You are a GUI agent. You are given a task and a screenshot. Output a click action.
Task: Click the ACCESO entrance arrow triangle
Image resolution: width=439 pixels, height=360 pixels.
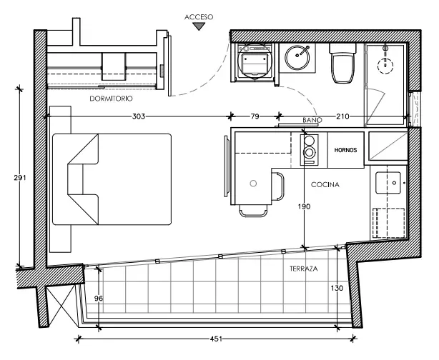point(199,26)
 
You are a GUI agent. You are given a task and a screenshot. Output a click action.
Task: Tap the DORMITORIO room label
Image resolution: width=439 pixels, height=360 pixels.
point(111,99)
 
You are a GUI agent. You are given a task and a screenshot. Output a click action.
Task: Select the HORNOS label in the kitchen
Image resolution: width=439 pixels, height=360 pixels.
point(346,150)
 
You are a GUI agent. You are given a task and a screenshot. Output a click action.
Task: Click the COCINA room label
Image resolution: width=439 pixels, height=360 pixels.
point(325,184)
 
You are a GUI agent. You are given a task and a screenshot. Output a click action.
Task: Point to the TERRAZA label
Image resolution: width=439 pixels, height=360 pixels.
point(304,269)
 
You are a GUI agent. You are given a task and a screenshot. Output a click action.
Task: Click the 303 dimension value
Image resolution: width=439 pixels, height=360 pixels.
point(139,116)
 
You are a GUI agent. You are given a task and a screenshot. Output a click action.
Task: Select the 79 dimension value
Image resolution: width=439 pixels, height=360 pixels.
point(255,116)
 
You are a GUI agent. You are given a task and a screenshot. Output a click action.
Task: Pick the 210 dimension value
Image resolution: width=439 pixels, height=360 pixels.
point(342,116)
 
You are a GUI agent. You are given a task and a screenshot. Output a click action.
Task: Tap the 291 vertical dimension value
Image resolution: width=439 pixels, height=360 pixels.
point(20,178)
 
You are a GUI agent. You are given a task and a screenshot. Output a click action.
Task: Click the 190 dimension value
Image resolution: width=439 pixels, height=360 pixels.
point(304,206)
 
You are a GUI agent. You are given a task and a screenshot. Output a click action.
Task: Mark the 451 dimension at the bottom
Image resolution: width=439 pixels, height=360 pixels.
point(216,339)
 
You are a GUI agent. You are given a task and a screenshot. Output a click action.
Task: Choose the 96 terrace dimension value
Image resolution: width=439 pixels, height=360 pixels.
point(99,299)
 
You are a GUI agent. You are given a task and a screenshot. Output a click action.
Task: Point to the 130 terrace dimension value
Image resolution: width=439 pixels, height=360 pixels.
point(337,288)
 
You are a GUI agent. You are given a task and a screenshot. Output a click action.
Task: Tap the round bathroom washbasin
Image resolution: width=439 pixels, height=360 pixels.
point(297,58)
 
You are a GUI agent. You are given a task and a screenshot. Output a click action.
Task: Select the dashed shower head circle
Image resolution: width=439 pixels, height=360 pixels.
point(385,66)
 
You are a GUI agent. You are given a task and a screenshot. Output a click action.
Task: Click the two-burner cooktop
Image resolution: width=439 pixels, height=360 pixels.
point(310,150)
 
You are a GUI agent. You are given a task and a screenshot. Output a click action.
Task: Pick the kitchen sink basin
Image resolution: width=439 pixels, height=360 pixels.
point(388,183)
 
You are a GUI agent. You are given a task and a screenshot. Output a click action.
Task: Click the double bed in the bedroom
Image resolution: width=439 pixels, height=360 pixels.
point(112,179)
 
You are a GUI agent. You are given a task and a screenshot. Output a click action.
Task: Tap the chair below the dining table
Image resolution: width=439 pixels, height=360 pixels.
point(253,211)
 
